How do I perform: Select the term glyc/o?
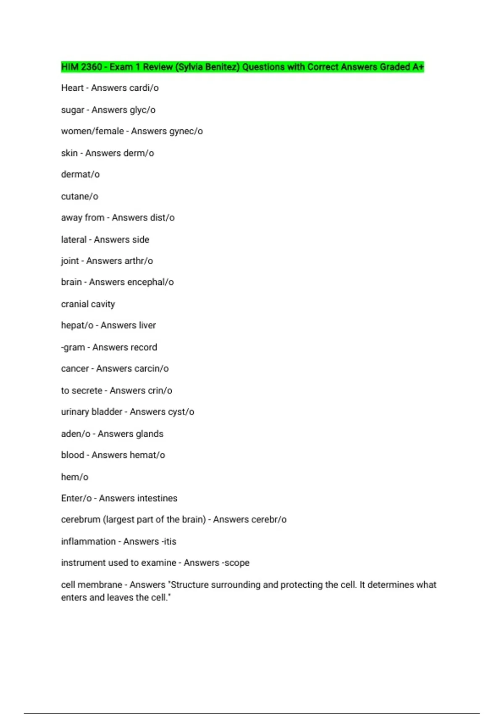tap(141, 110)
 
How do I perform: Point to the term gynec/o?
tap(186, 131)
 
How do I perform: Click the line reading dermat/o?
tap(80, 174)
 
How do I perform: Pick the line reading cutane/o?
tap(79, 196)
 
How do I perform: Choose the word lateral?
tap(73, 239)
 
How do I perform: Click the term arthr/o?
tap(138, 261)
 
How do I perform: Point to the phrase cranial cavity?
tap(88, 304)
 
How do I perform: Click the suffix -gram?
tap(73, 347)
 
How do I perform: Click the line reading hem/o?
tap(75, 477)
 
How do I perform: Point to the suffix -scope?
tap(234, 563)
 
